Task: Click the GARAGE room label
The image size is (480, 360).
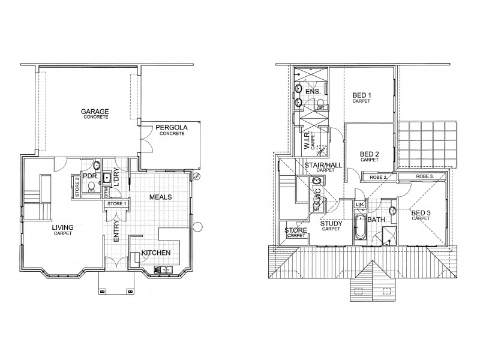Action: click(96, 111)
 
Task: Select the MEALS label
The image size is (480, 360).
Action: click(161, 196)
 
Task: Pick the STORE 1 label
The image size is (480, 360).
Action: click(117, 204)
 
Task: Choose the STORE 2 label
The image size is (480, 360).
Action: click(76, 186)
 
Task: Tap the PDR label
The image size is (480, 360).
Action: click(90, 176)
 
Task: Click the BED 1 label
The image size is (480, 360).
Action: click(361, 95)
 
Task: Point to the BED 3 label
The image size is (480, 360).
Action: click(421, 212)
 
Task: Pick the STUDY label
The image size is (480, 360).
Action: click(331, 224)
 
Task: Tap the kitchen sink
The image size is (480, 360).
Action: click(163, 269)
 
